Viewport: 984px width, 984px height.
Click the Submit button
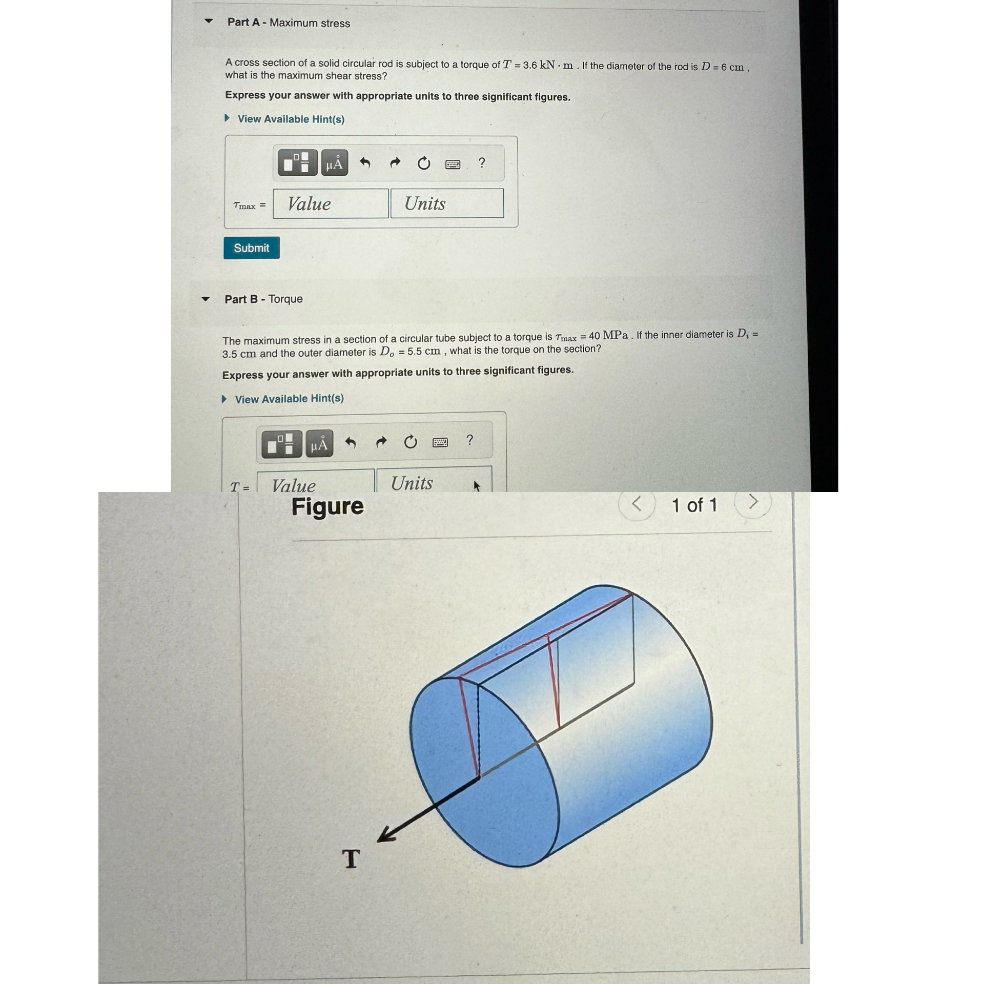click(x=251, y=248)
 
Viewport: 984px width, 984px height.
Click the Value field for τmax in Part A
click(x=331, y=203)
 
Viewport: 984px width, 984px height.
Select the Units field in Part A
click(x=447, y=203)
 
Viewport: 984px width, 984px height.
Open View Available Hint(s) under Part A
click(x=291, y=119)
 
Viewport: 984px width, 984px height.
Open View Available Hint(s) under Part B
click(x=289, y=399)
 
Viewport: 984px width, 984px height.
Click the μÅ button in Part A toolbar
click(x=334, y=163)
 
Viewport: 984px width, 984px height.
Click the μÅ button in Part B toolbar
click(x=319, y=444)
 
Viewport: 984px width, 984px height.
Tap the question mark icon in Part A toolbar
click(x=481, y=163)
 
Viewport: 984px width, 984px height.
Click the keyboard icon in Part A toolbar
click(x=453, y=164)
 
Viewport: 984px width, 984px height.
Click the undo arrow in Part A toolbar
click(x=365, y=163)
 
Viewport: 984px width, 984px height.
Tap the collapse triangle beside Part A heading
click(x=209, y=21)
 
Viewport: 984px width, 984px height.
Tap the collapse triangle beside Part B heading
click(x=206, y=299)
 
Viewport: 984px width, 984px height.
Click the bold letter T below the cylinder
click(x=351, y=858)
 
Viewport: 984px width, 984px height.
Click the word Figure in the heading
click(x=327, y=506)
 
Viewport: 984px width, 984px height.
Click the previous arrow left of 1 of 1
click(x=637, y=504)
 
